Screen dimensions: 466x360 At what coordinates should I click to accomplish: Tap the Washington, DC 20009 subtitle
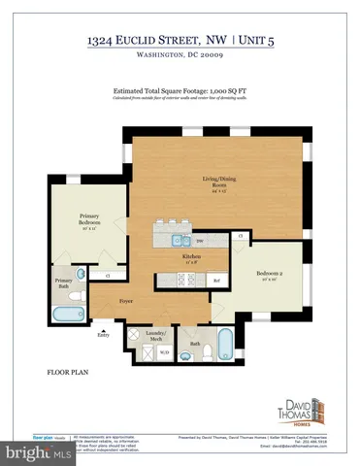180,57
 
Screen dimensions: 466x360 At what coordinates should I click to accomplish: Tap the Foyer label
126,302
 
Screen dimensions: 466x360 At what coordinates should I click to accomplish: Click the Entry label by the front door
105,335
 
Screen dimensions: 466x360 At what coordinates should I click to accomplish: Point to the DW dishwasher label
200,242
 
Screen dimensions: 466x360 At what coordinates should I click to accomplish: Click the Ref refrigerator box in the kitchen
216,281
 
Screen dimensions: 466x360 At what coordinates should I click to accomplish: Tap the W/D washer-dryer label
165,351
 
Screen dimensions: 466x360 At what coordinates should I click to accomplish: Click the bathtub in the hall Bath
224,345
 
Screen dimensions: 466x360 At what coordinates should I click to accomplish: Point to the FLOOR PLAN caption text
70,372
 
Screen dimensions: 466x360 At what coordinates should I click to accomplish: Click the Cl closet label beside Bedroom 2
239,237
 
